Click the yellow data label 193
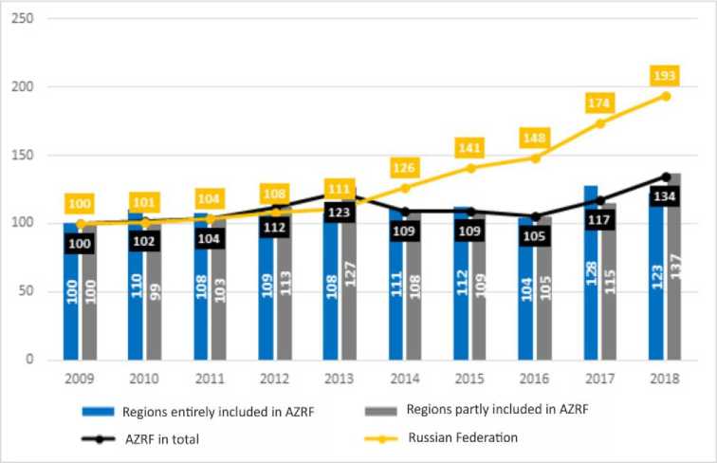click(x=666, y=74)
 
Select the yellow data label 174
click(x=600, y=102)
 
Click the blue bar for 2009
click(x=70, y=294)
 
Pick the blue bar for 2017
click(x=591, y=275)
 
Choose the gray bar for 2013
click(x=348, y=285)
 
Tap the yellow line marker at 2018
click(x=666, y=96)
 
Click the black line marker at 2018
click(x=666, y=176)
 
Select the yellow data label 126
click(x=405, y=169)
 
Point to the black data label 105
click(x=535, y=236)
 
